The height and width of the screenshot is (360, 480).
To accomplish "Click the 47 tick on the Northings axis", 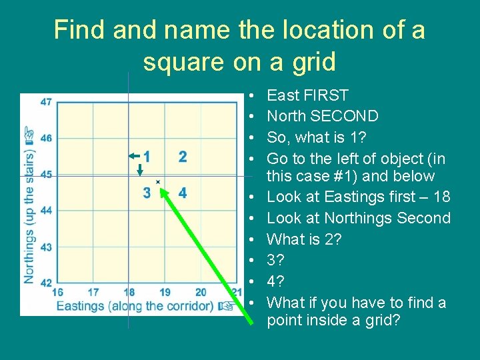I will (46, 102).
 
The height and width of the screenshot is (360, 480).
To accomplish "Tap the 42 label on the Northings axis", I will (46, 283).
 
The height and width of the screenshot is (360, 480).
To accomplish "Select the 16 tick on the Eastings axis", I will (57, 292).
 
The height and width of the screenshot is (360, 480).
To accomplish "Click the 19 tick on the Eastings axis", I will (165, 292).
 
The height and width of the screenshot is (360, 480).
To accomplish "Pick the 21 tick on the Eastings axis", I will (236, 292).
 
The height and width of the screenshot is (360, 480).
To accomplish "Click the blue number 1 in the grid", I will (147, 157).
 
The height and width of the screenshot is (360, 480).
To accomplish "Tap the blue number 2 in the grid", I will (183, 157).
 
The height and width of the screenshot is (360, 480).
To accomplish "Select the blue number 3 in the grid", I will (147, 193).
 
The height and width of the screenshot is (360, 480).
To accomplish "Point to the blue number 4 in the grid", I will (183, 193).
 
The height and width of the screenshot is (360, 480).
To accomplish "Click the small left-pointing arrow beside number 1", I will (134, 155).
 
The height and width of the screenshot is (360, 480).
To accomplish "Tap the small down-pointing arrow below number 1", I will (140, 170).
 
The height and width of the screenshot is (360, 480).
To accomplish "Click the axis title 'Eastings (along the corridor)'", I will (136, 306).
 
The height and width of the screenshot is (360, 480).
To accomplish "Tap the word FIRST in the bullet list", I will (324, 95).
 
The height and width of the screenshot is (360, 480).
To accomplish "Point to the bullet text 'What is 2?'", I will (304, 239).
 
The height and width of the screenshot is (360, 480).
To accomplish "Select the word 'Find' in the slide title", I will (79, 30).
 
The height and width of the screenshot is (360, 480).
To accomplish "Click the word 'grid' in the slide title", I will (311, 62).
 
